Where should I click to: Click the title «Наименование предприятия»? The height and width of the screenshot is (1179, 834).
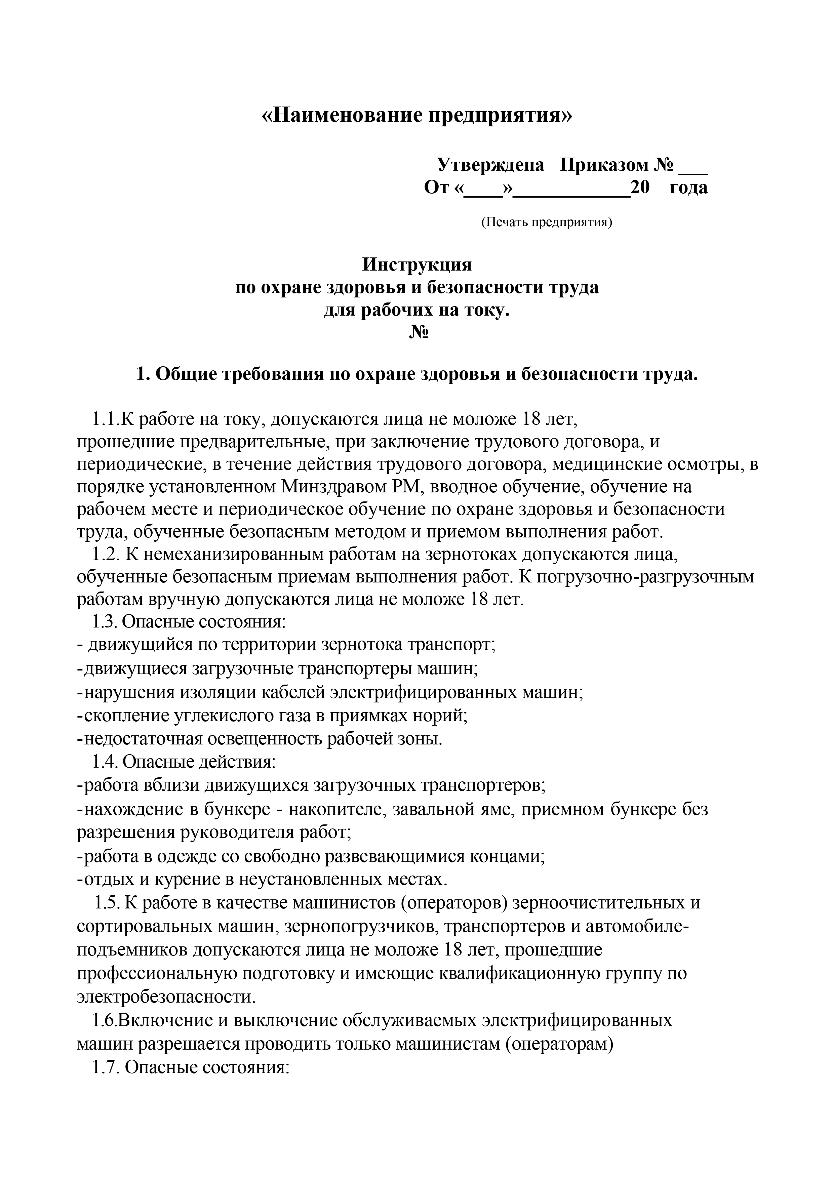(416, 115)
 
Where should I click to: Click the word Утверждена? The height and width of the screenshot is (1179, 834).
(490, 165)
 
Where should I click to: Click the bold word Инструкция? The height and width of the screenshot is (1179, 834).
(416, 265)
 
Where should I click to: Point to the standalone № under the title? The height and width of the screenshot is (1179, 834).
(419, 333)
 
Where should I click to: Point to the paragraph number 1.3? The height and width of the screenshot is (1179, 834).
(105, 622)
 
